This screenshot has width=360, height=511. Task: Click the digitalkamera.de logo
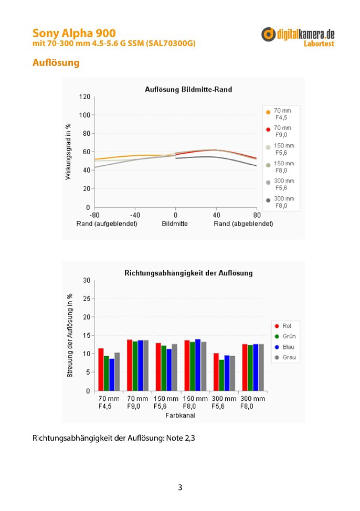tap(298, 37)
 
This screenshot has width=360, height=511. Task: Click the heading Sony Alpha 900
tap(74, 33)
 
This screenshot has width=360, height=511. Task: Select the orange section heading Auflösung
tap(56, 62)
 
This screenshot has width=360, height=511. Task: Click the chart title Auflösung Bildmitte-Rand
tap(188, 89)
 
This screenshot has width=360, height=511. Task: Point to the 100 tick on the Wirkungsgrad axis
tap(84, 115)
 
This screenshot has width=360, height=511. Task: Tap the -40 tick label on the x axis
tap(135, 215)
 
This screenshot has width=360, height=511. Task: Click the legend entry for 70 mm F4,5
tap(279, 114)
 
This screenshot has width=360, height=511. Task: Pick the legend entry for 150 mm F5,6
tap(280, 149)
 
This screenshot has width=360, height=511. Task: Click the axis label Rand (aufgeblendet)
tap(107, 224)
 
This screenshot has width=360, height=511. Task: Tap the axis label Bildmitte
tap(175, 224)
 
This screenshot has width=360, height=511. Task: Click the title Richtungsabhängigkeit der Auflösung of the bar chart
tap(188, 273)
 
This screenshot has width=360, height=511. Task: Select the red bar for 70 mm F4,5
tap(101, 369)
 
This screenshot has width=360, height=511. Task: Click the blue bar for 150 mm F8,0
tap(198, 365)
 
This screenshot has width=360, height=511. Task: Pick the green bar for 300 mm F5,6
tap(221, 375)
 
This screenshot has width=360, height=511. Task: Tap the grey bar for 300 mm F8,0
tap(261, 367)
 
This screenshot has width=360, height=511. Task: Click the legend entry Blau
tap(285, 347)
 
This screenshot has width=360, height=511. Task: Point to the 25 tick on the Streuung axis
tap(87, 299)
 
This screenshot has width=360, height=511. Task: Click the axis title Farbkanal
tap(181, 415)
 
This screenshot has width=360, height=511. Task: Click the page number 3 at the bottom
tap(180, 487)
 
